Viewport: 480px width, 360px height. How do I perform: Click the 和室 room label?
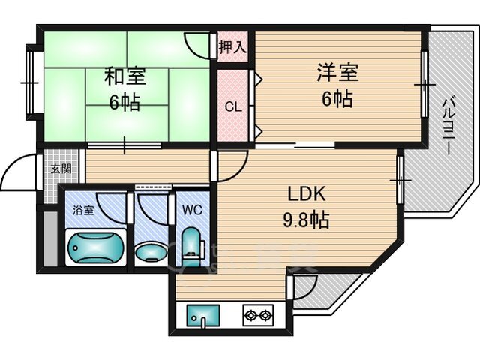click(x=125, y=76)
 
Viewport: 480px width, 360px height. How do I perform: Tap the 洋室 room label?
click(x=337, y=72)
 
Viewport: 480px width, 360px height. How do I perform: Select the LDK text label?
click(x=306, y=193)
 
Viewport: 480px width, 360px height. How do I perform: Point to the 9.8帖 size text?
click(x=306, y=220)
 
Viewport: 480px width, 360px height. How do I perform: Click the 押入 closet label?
click(x=232, y=47)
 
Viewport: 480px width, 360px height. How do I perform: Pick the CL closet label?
click(x=233, y=106)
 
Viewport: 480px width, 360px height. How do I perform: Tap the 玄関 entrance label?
click(x=61, y=169)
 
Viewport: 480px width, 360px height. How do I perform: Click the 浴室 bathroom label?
click(x=83, y=210)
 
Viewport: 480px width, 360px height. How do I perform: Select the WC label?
click(x=192, y=210)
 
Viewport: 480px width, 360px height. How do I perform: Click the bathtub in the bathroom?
click(x=96, y=247)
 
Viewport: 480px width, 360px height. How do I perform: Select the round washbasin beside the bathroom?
click(x=151, y=251)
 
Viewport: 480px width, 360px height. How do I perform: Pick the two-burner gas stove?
click(x=258, y=314)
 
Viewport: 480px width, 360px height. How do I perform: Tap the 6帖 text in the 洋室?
click(x=337, y=98)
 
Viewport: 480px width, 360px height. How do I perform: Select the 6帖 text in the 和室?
click(x=125, y=102)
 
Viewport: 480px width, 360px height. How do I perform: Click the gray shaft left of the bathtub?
click(x=51, y=238)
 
